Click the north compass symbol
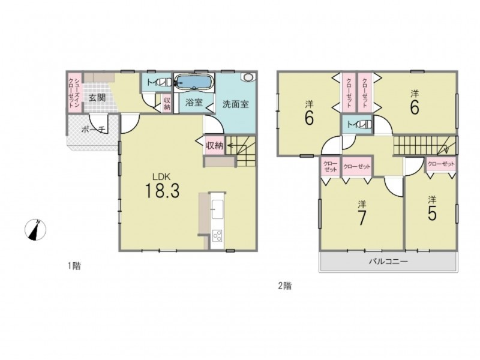(x=35, y=230)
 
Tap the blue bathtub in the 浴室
(x=194, y=82)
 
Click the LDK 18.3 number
(x=161, y=190)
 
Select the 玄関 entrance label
(x=97, y=98)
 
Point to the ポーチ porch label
(x=94, y=130)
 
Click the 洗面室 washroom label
(x=235, y=104)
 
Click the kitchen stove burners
(x=217, y=235)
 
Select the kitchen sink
(x=218, y=209)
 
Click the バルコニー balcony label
(x=388, y=262)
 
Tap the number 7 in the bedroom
(x=362, y=218)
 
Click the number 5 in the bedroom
(x=432, y=214)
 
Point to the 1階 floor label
(x=74, y=266)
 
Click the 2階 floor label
(x=284, y=286)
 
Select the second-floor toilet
(x=365, y=124)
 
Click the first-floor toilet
(x=166, y=82)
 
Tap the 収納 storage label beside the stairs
(x=214, y=145)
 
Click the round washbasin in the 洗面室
(x=247, y=77)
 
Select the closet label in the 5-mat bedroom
(x=441, y=164)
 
